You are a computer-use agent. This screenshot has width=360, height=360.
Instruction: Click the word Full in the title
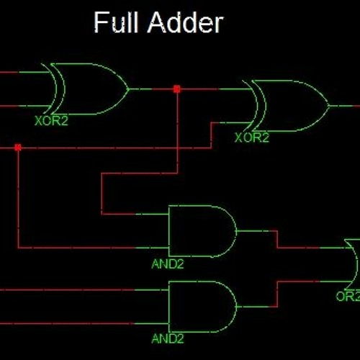pyautogui.click(x=117, y=24)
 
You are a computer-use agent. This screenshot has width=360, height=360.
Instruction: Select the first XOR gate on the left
pyautogui.click(x=86, y=89)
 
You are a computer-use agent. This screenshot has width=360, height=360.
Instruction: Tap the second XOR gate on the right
pyautogui.click(x=288, y=106)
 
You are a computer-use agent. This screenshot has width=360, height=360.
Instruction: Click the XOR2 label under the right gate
pyautogui.click(x=252, y=137)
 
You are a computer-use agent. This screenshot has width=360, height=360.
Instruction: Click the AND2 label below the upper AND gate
pyautogui.click(x=168, y=264)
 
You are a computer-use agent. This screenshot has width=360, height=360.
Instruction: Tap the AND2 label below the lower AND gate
pyautogui.click(x=168, y=338)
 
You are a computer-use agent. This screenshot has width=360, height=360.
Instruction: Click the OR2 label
pyautogui.click(x=347, y=295)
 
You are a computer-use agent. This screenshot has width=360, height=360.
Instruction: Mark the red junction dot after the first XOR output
pyautogui.click(x=176, y=89)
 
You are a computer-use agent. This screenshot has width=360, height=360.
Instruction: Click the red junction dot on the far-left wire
pyautogui.click(x=18, y=148)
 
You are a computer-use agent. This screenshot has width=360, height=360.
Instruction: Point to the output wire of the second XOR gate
pyautogui.click(x=344, y=106)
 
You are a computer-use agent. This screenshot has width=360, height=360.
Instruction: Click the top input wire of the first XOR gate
pyautogui.click(x=22, y=72)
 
